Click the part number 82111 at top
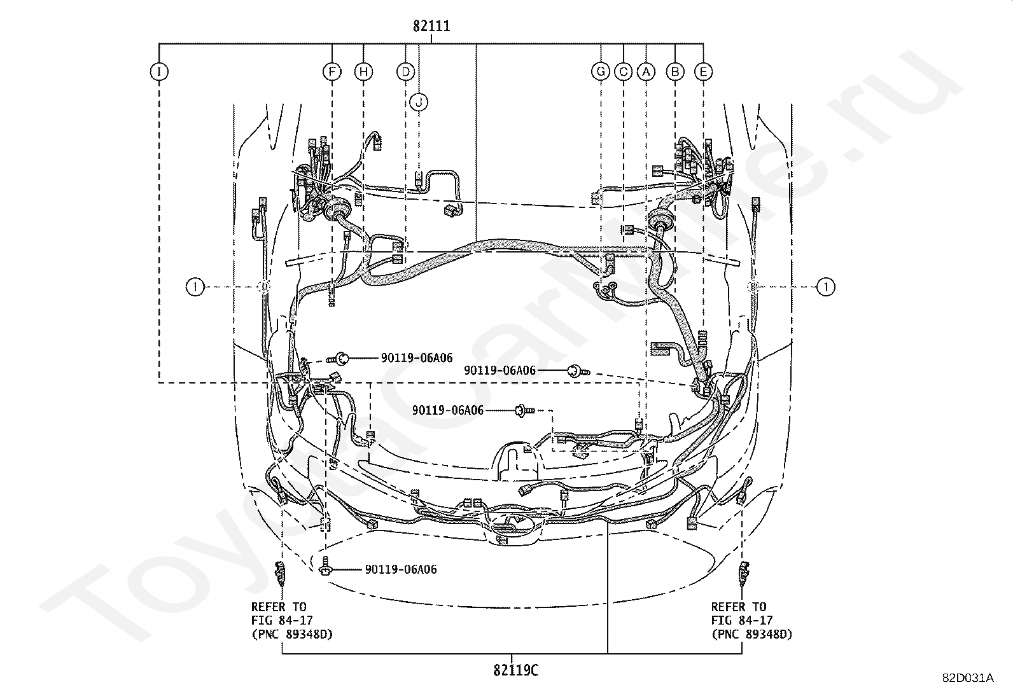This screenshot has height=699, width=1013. click(x=431, y=26)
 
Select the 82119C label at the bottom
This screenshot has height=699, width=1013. click(x=515, y=670)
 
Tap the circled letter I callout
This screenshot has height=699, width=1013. click(x=159, y=71)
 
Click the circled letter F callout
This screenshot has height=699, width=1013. click(x=332, y=71)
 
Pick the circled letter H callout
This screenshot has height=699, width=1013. click(x=363, y=71)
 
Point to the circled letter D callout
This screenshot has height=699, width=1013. click(x=406, y=71)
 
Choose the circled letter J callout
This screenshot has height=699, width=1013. click(x=419, y=102)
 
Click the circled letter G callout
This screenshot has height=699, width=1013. click(x=601, y=71)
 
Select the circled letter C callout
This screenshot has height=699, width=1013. click(x=623, y=71)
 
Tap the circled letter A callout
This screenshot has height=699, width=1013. click(x=646, y=71)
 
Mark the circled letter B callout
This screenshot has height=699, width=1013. click(x=675, y=71)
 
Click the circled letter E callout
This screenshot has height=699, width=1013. click(x=703, y=71)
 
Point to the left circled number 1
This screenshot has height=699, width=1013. click(x=195, y=287)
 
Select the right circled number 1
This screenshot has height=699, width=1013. click(x=826, y=287)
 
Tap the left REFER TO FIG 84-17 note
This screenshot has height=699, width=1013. click(x=291, y=621)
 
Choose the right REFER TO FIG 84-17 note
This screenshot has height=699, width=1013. click(x=751, y=621)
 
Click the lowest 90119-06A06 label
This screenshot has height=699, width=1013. click(x=401, y=569)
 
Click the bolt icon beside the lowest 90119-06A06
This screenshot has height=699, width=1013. click(x=325, y=567)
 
